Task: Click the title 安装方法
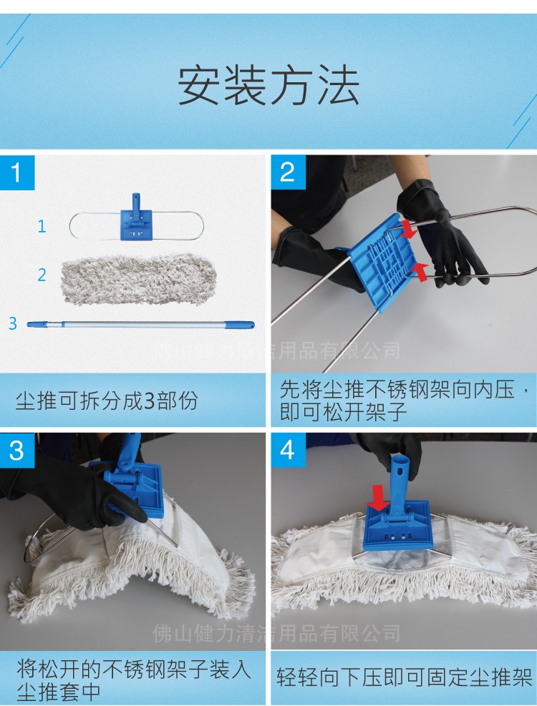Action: click(x=268, y=85)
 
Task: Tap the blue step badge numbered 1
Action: click(x=17, y=172)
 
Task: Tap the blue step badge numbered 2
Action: click(x=287, y=172)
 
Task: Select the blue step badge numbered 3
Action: click(x=17, y=450)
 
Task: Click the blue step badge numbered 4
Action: click(x=287, y=450)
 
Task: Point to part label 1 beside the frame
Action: click(x=42, y=227)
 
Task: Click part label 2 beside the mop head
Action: click(x=42, y=275)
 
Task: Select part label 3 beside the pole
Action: click(x=12, y=323)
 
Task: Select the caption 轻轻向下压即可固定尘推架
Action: click(x=405, y=677)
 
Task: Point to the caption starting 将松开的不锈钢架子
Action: click(x=133, y=679)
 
